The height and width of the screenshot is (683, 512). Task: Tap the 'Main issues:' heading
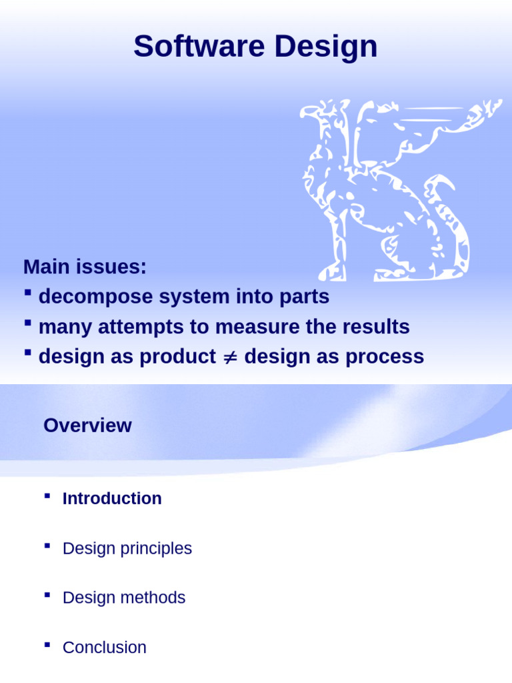(x=84, y=267)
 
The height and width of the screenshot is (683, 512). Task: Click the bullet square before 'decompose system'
(x=28, y=293)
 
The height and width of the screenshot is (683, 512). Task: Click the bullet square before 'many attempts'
(x=28, y=323)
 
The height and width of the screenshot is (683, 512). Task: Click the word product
(x=177, y=357)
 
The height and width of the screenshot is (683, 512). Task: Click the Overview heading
(x=87, y=426)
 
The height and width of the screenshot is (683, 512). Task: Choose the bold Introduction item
(x=112, y=499)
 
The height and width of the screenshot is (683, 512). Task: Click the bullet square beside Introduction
(x=47, y=496)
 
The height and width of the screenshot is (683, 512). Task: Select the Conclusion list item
(x=104, y=648)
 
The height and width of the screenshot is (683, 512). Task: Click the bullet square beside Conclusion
(x=47, y=645)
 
